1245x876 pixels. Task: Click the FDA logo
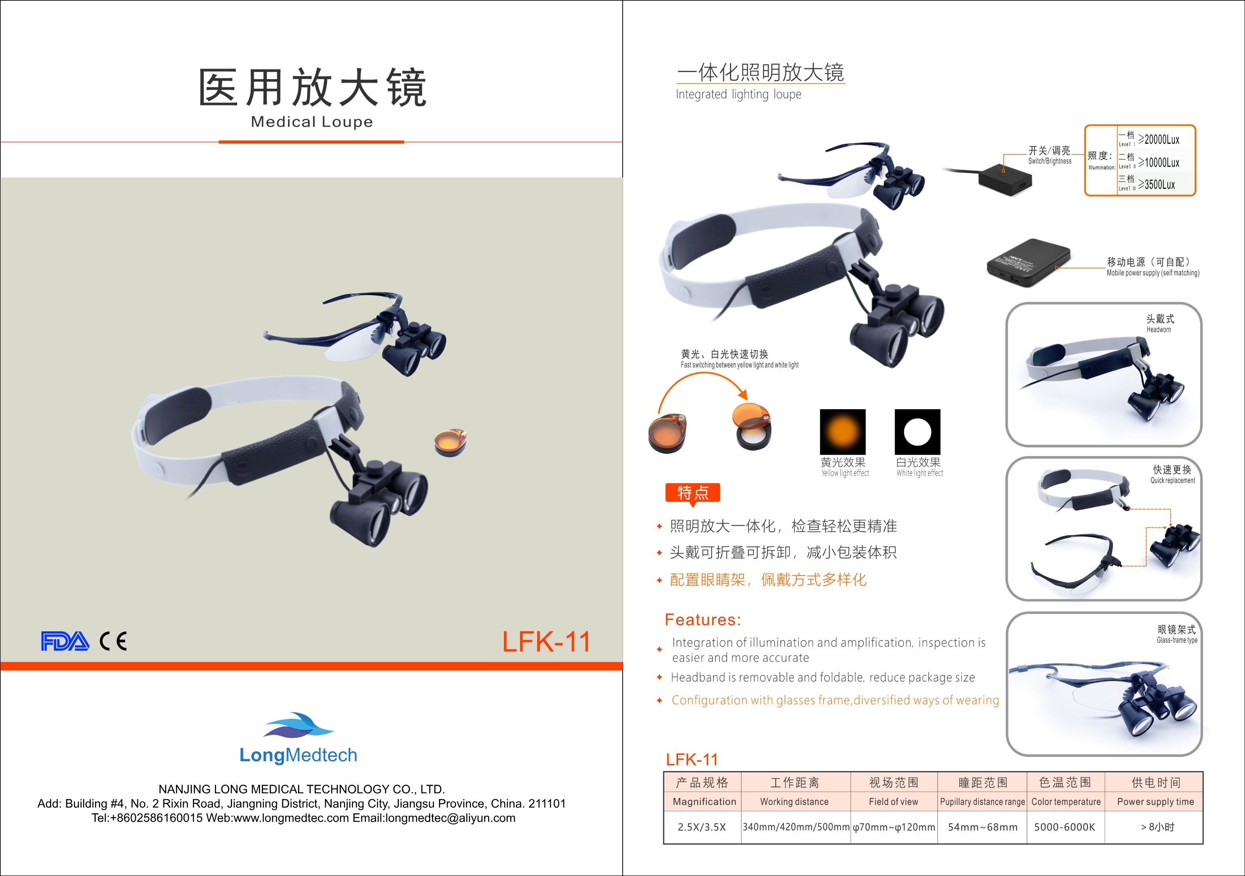pos(65,641)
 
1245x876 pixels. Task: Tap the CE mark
pos(113,641)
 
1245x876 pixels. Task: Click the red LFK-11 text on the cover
pos(546,642)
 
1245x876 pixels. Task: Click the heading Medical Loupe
pos(312,122)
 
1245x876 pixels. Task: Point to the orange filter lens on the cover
pos(450,442)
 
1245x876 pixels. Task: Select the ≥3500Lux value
pos(1157,185)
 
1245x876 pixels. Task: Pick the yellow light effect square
pos(843,432)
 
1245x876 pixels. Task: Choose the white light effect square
pos(918,432)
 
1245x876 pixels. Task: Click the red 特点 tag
pos(692,493)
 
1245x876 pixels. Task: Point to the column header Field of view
pos(893,802)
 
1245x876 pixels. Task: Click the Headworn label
pos(1159,329)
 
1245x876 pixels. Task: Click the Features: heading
pos(703,619)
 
